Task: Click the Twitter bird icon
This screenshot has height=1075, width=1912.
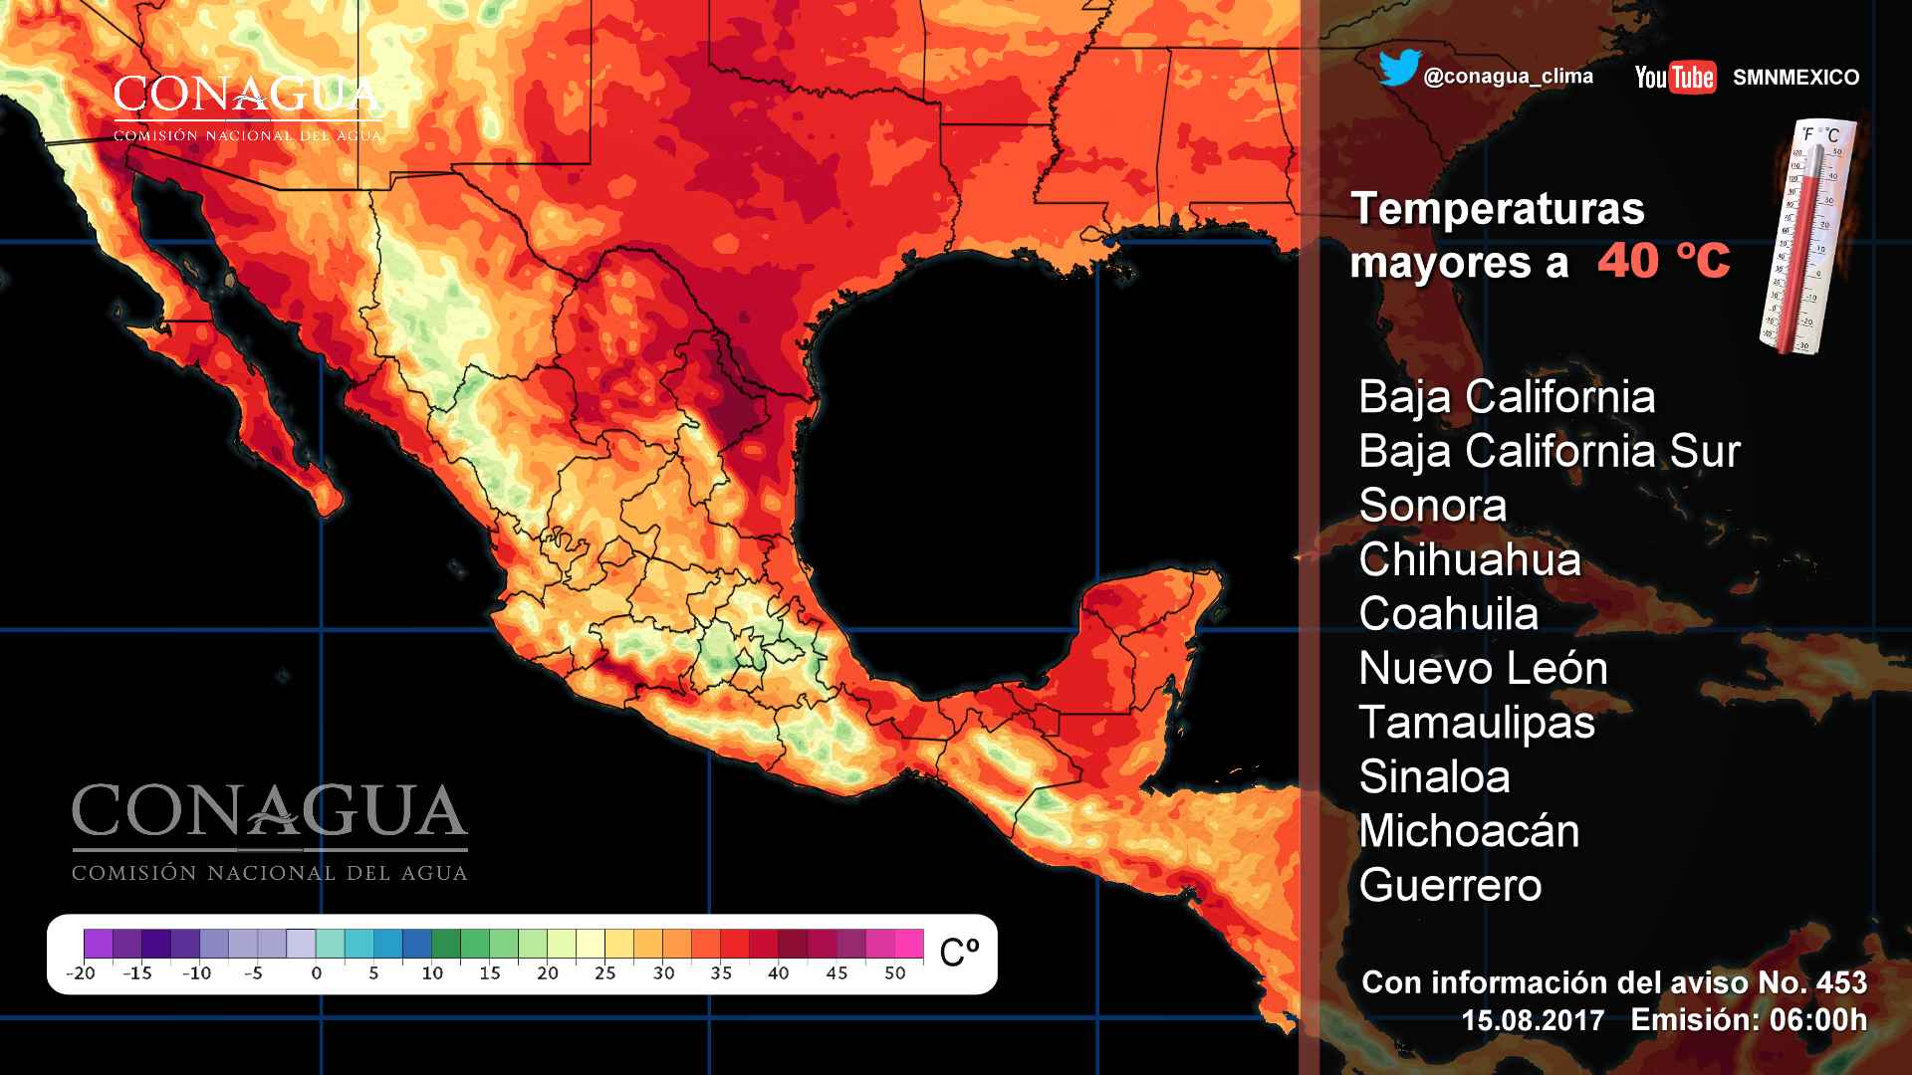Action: pyautogui.click(x=1399, y=70)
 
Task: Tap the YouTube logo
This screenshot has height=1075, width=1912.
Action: pyautogui.click(x=1675, y=77)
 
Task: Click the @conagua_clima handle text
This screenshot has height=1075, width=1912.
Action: pyautogui.click(x=1508, y=77)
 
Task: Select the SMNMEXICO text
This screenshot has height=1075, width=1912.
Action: pyautogui.click(x=1795, y=78)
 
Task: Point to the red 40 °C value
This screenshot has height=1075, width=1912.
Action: pyautogui.click(x=1663, y=262)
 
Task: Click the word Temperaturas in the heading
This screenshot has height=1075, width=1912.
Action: pyautogui.click(x=1497, y=209)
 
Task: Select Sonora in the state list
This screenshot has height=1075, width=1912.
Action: pyautogui.click(x=1432, y=506)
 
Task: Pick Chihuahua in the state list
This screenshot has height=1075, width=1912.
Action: pyautogui.click(x=1469, y=560)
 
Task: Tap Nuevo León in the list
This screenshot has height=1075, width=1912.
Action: pyautogui.click(x=1483, y=669)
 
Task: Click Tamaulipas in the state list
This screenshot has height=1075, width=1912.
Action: pyautogui.click(x=1476, y=723)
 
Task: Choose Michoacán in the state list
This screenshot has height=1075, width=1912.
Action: pyautogui.click(x=1469, y=831)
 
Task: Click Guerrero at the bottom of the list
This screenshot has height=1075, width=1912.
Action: pyautogui.click(x=1450, y=886)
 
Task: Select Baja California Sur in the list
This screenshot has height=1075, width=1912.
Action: pyautogui.click(x=1549, y=452)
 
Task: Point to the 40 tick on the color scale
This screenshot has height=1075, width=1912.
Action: pyautogui.click(x=779, y=972)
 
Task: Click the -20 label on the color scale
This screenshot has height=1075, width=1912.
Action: pyautogui.click(x=81, y=972)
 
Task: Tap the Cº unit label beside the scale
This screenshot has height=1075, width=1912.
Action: pyautogui.click(x=959, y=952)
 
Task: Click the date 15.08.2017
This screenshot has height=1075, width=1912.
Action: pyautogui.click(x=1533, y=1021)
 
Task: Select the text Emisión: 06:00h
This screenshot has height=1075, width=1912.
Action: pyautogui.click(x=1749, y=1020)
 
